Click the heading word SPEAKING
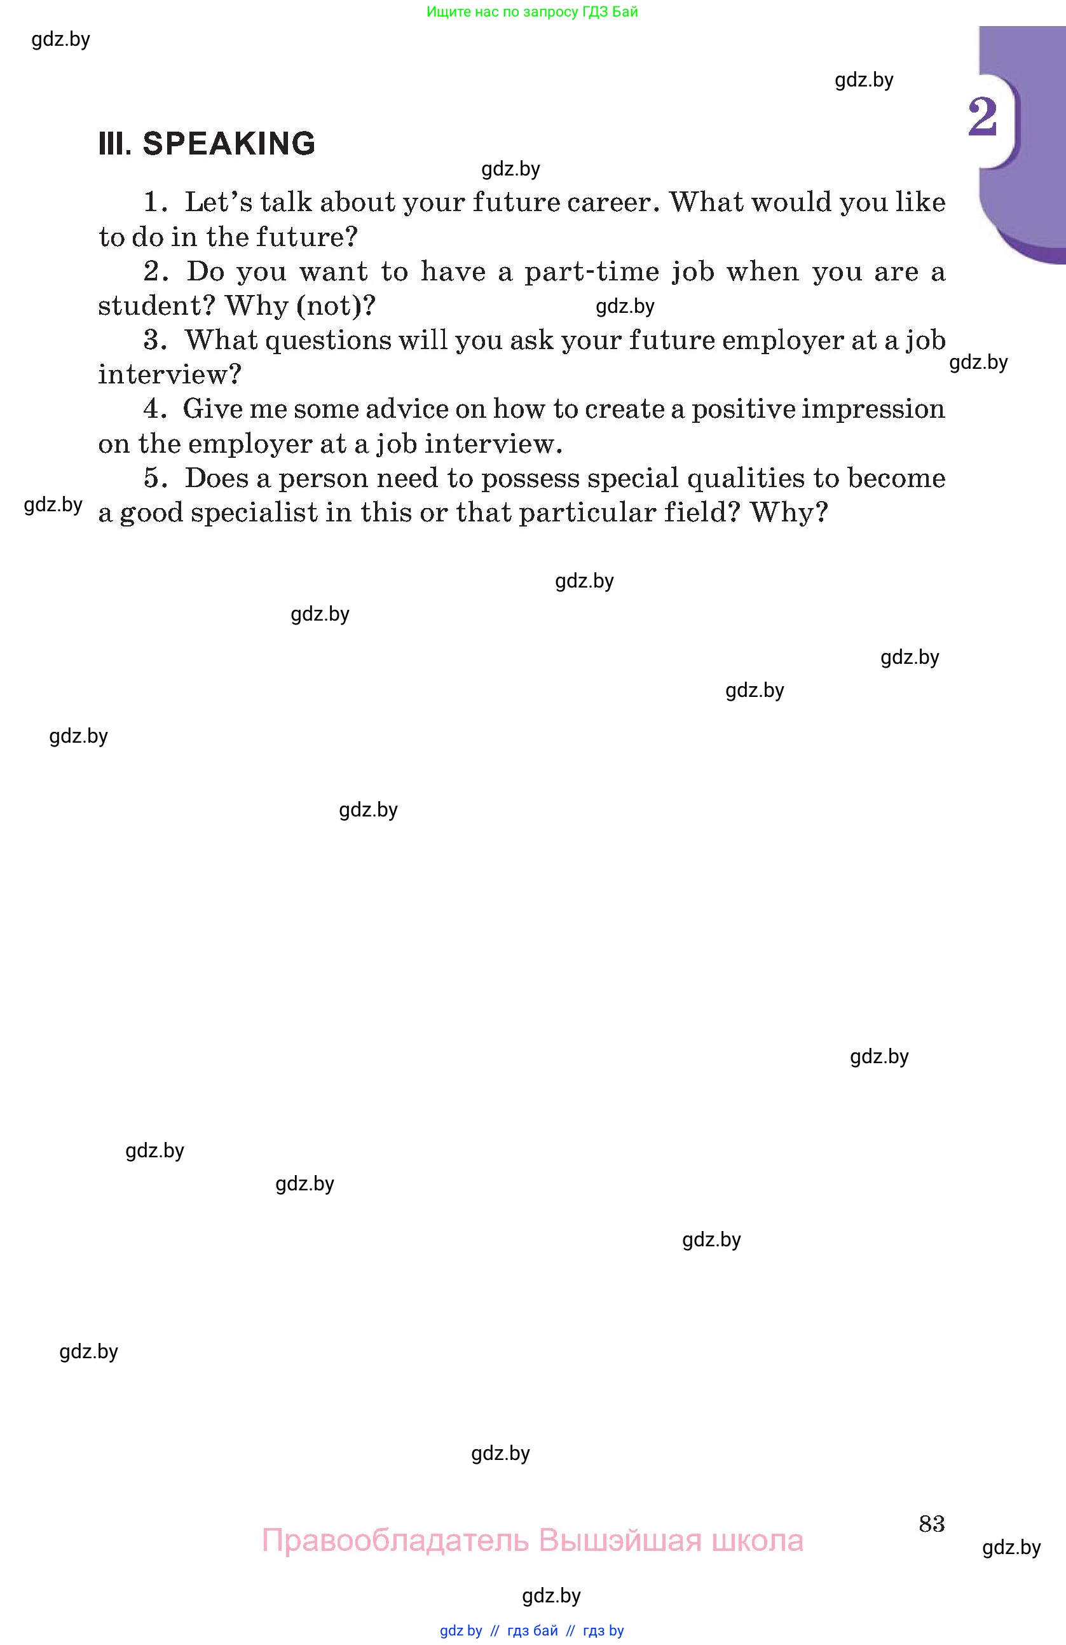[229, 144]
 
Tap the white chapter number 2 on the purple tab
[982, 118]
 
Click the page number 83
[931, 1524]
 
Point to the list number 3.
[153, 340]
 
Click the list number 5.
[153, 478]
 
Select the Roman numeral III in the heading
[114, 144]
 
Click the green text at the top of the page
[532, 11]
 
